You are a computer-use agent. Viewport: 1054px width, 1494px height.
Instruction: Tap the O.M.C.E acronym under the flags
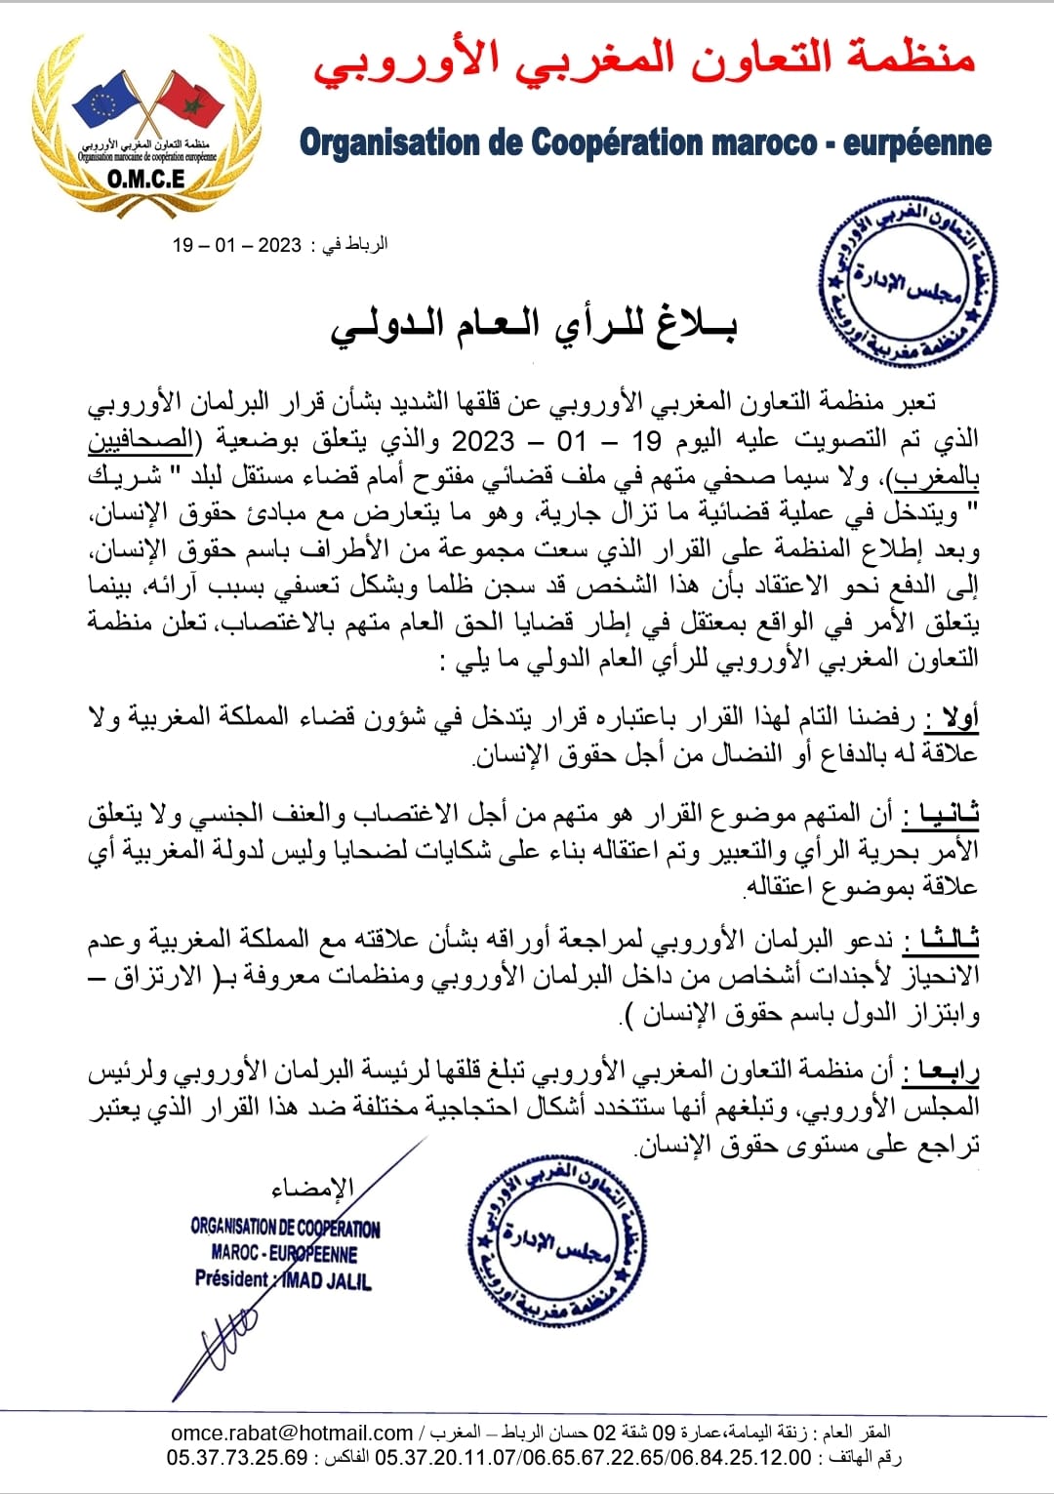point(146,179)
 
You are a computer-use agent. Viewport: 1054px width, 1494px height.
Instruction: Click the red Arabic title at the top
point(644,58)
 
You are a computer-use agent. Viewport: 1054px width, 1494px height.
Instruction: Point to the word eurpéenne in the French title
point(916,143)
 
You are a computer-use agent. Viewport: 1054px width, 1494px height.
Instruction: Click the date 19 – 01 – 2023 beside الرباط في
point(237,244)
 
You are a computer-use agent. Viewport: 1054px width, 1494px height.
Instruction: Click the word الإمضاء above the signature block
point(312,1188)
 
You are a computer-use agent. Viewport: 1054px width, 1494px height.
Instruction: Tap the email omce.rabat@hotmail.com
point(292,1433)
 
